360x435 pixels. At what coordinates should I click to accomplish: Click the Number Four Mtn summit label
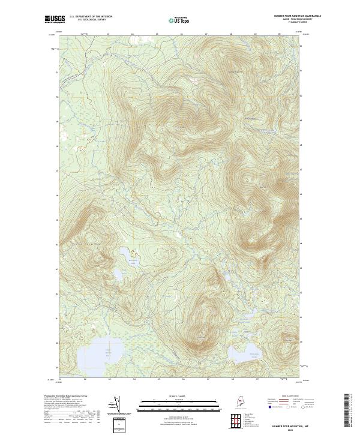pyautogui.click(x=180, y=127)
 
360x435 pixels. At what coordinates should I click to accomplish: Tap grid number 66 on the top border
pyautogui.click(x=182, y=34)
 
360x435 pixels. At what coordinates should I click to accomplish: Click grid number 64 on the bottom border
pyautogui.click(x=134, y=379)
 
